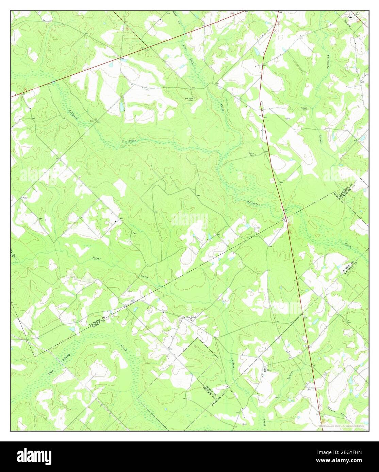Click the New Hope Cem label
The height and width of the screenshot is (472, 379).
(x=189, y=99)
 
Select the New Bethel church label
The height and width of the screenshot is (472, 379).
(x=191, y=318)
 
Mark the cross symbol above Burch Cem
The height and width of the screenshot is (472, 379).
(x=251, y=149)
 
